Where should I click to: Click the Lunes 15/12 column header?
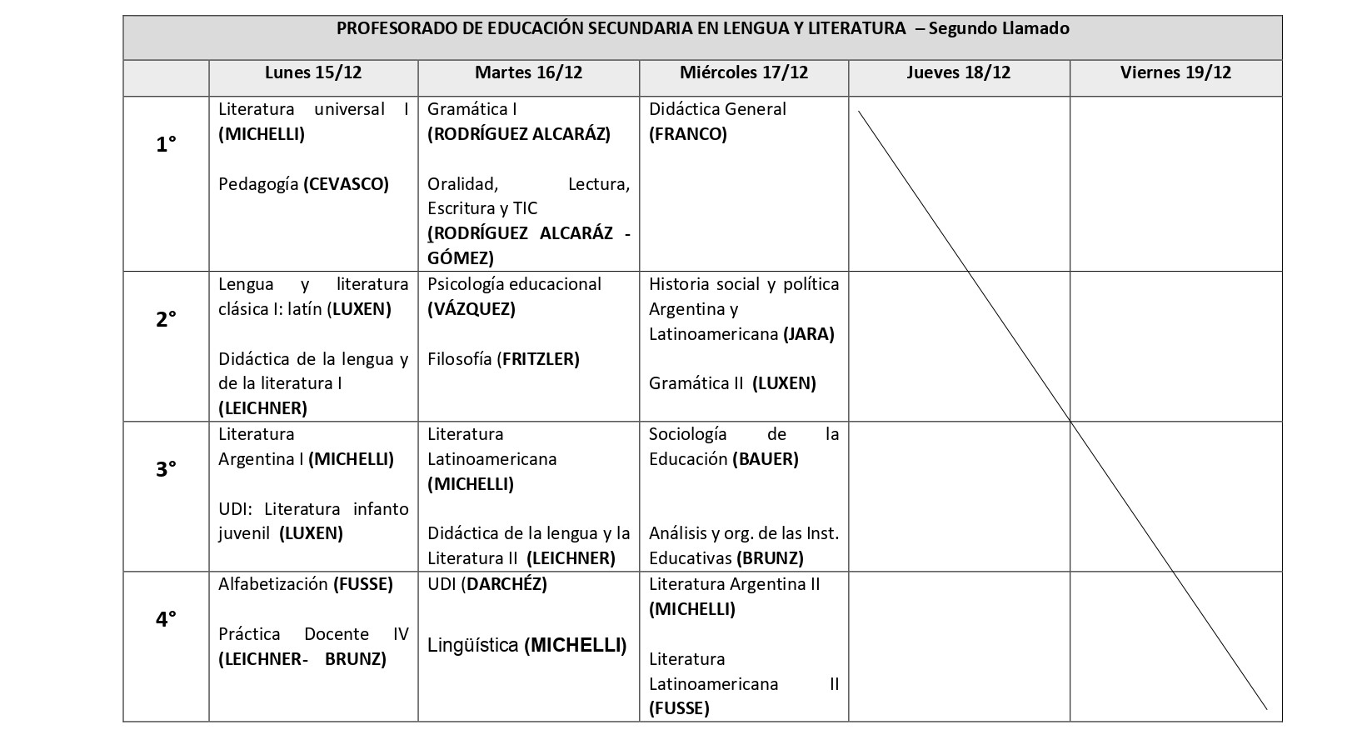point(313,72)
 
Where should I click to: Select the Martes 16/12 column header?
point(528,72)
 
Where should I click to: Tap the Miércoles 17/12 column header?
point(744,72)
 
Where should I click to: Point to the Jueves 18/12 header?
point(958,72)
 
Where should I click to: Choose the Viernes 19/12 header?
point(1175,72)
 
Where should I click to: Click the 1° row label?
point(166,145)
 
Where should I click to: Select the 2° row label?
point(166,319)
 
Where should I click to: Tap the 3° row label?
point(166,469)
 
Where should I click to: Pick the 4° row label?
point(166,619)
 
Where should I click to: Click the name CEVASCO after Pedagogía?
point(347,184)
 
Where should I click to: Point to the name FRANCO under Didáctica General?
point(688,134)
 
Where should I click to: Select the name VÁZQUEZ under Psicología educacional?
point(471,309)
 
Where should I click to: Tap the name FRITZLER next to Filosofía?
point(538,359)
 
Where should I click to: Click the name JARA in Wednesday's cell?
point(808,334)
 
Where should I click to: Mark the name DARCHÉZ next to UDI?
point(504,584)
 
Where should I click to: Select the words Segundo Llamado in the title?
point(999,28)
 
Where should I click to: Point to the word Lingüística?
point(473,645)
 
